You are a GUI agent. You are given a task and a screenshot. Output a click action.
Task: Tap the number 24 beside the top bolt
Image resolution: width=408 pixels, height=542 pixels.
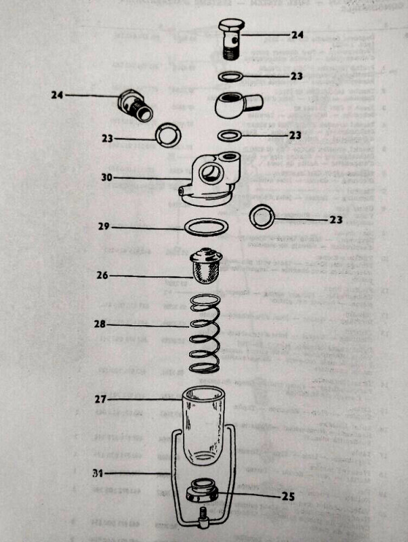coord(298,34)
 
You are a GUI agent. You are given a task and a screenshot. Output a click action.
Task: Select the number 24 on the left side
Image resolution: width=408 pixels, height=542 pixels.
coord(56,96)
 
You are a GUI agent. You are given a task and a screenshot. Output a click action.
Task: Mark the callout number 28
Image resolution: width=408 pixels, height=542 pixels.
coord(102,324)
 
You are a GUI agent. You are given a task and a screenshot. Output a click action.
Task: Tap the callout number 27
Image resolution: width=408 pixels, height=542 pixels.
coord(102,400)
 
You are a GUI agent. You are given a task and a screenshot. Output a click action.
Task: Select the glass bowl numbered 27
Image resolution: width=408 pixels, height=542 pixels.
coord(203,421)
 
